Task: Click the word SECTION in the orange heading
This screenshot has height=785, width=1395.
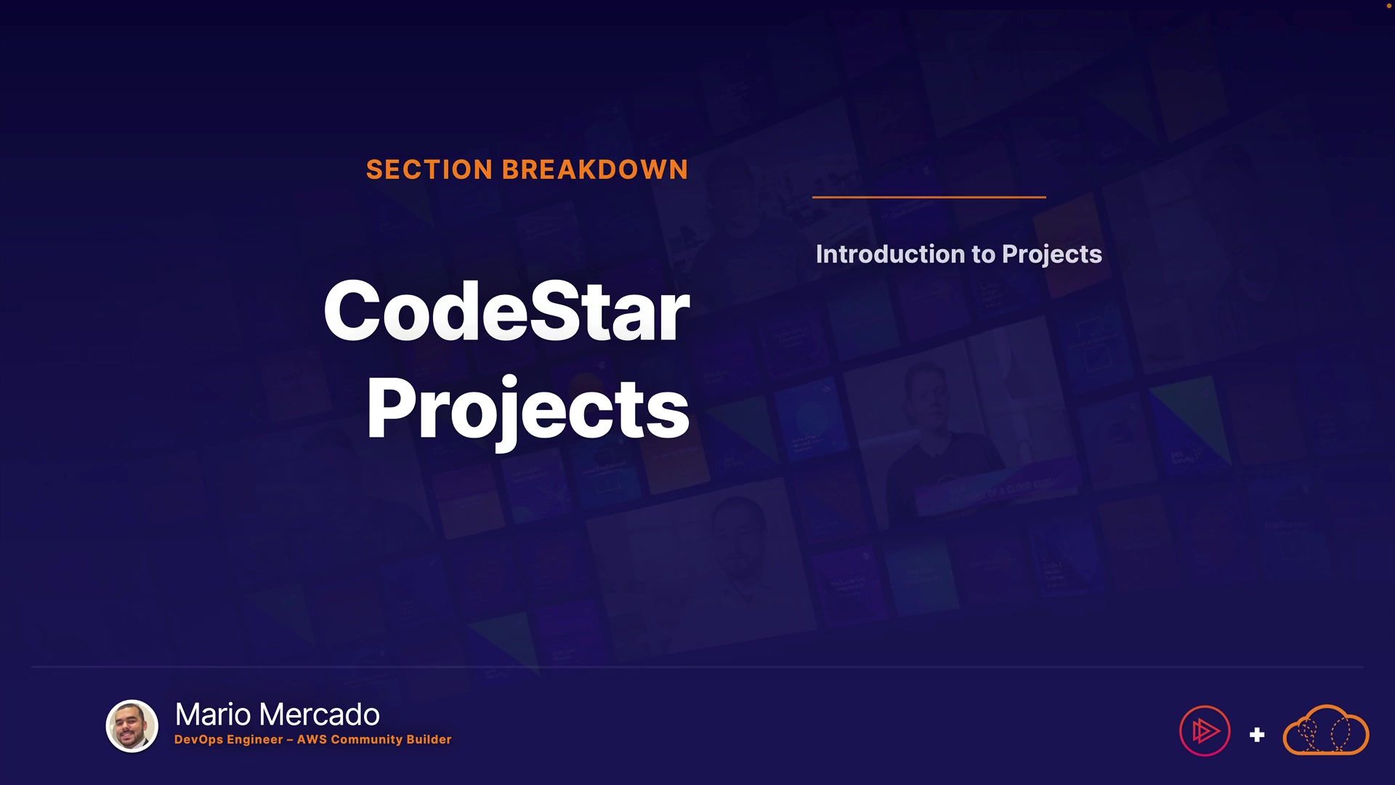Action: [429, 169]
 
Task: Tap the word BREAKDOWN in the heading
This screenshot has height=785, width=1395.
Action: [594, 169]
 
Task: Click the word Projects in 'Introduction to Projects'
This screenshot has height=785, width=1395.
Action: [1052, 255]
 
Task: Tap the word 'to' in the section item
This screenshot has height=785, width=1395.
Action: [983, 254]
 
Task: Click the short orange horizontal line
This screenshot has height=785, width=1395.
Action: [929, 197]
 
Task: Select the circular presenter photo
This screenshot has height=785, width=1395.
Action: [132, 725]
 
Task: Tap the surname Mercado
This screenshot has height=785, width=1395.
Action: [319, 714]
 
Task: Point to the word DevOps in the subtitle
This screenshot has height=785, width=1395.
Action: [198, 739]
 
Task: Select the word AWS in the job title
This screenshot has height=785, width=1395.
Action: [312, 739]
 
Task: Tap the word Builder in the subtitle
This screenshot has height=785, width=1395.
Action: [429, 739]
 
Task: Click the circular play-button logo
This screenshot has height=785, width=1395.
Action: [1205, 730]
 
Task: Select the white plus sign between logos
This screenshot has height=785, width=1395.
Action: [1257, 735]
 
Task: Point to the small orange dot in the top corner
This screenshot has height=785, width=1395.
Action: [1388, 6]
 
